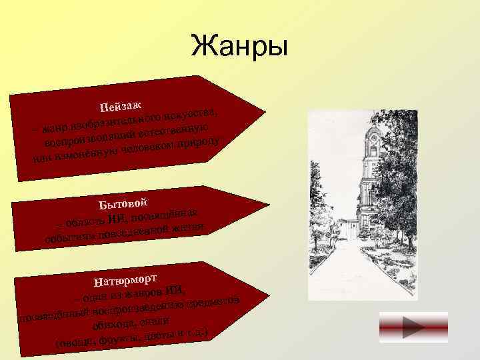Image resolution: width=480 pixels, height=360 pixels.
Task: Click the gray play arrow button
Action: pyautogui.click(x=403, y=331)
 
